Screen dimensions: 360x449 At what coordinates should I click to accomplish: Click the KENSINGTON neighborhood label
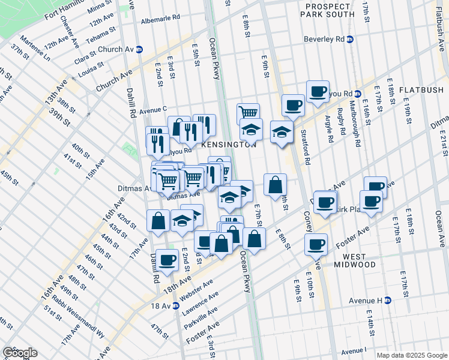pyautogui.click(x=229, y=145)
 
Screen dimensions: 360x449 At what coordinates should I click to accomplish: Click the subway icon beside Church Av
pyautogui.click(x=139, y=49)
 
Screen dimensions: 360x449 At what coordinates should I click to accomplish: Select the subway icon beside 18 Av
pyautogui.click(x=176, y=305)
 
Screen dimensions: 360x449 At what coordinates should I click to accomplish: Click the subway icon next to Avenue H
pyautogui.click(x=388, y=300)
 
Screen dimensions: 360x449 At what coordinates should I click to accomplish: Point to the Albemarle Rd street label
pyautogui.click(x=160, y=20)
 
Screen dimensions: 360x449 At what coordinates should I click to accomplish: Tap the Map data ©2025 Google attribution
pyautogui.click(x=411, y=355)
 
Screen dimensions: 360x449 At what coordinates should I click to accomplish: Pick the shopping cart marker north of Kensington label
pyautogui.click(x=248, y=112)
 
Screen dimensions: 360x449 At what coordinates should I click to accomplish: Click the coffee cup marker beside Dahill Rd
pyautogui.click(x=167, y=259)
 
